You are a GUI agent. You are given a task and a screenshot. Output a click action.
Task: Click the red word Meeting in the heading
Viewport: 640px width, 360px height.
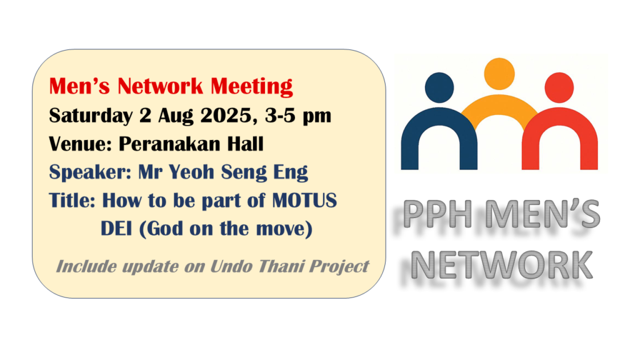251,87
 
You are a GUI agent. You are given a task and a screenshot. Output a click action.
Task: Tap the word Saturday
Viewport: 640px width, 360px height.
91,116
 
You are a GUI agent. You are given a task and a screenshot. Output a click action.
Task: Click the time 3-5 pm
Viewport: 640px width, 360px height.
298,116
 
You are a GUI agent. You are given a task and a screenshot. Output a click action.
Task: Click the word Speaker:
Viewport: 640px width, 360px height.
90,172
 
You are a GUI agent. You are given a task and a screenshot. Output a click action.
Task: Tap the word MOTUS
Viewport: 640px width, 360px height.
304,201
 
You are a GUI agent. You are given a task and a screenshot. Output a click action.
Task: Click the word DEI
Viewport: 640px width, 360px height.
116,228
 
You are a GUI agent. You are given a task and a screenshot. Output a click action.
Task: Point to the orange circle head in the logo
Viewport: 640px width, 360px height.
499,74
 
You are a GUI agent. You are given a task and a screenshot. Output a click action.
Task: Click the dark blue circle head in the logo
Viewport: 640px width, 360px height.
439,87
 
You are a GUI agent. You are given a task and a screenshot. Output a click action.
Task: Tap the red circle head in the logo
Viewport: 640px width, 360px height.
559,87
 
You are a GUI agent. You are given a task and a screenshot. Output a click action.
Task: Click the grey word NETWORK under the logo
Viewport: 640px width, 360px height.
501,265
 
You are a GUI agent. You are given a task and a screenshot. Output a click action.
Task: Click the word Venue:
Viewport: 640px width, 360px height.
81,144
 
